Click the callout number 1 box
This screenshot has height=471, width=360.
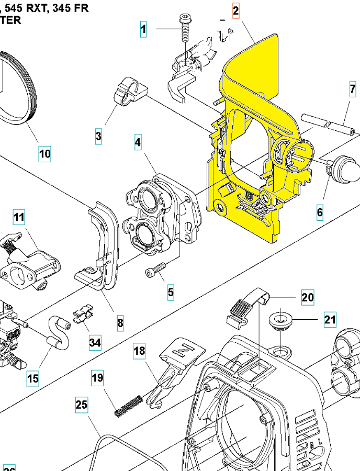[143, 29]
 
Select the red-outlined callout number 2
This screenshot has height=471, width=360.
[235, 10]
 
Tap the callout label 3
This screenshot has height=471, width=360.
[98, 137]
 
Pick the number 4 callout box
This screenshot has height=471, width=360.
[138, 142]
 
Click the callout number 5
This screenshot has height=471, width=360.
[171, 291]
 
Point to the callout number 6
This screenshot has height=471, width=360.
[319, 212]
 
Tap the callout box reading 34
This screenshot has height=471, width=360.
[95, 343]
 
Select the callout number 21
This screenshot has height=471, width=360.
[330, 319]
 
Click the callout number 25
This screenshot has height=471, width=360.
[81, 405]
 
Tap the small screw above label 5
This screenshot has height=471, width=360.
[155, 270]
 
